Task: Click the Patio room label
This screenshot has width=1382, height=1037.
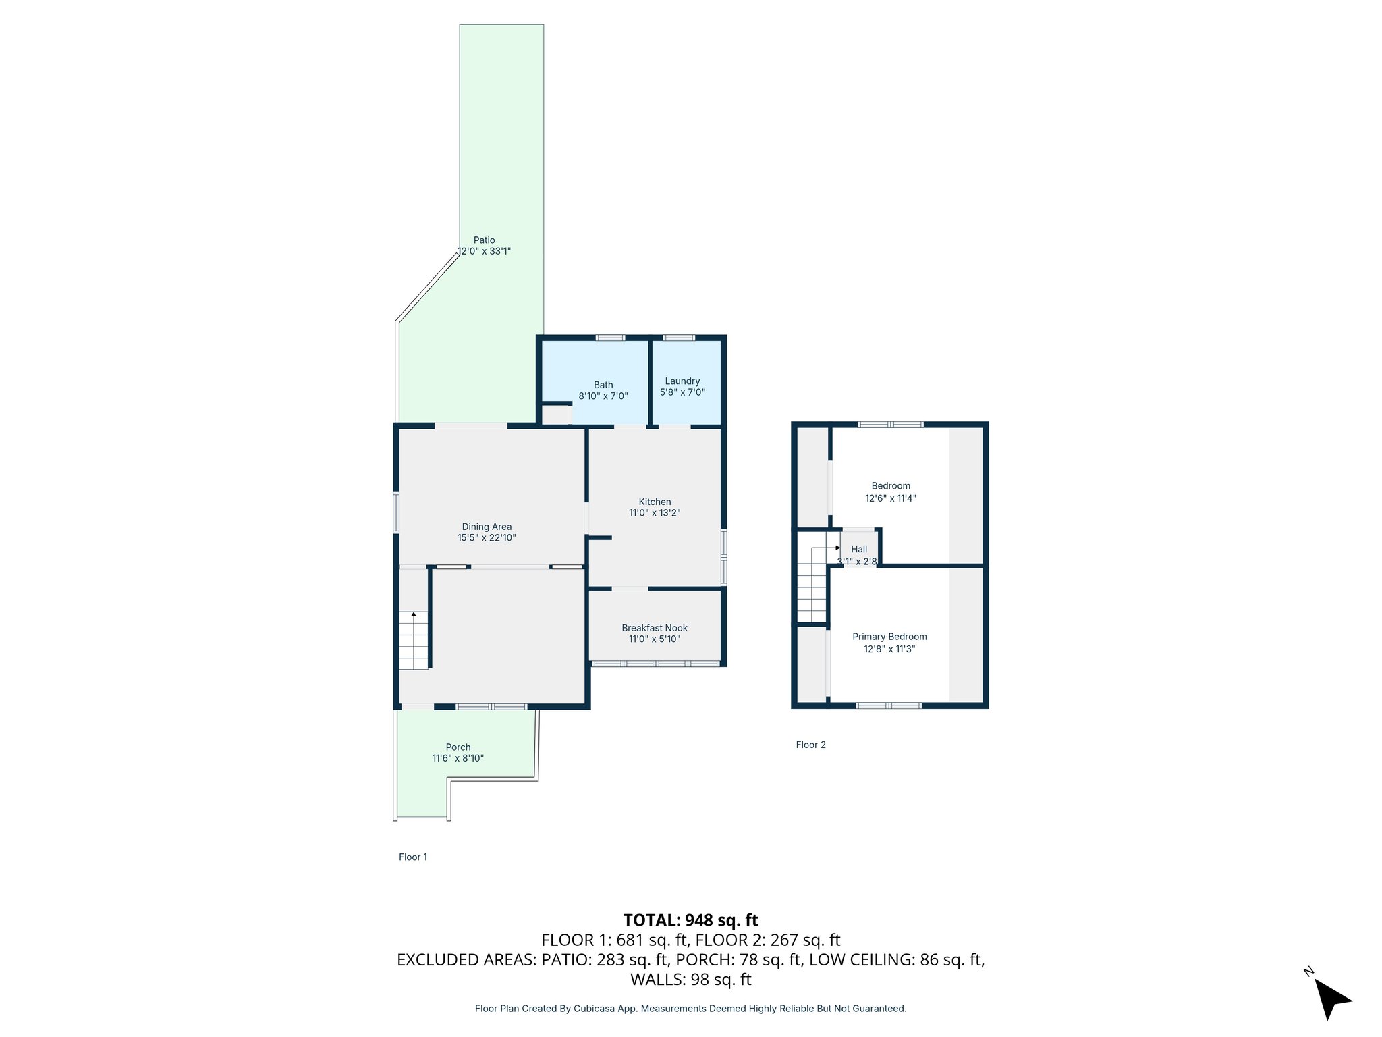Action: [x=484, y=240]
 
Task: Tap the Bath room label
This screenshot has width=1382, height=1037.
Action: [x=603, y=385]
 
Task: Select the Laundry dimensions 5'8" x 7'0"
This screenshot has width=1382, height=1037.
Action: [x=682, y=392]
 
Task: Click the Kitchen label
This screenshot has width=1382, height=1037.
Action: [x=655, y=502]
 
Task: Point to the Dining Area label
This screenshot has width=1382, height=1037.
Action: [x=487, y=527]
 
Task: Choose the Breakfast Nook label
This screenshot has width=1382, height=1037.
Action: [x=655, y=628]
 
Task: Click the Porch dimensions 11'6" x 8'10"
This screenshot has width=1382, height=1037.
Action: [x=458, y=758]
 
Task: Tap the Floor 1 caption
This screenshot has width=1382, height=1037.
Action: [x=413, y=857]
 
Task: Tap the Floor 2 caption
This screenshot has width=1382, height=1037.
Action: [x=810, y=745]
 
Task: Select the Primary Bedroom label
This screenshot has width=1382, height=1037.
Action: [x=889, y=637]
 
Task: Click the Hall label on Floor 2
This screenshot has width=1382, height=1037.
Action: [x=859, y=549]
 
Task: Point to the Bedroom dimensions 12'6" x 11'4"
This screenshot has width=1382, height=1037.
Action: [x=891, y=498]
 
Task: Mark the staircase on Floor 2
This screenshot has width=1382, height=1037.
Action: [x=812, y=585]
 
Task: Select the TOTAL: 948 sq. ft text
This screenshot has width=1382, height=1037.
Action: [x=690, y=920]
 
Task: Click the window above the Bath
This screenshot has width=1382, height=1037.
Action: [x=610, y=338]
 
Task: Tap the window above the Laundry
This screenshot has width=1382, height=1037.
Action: [x=679, y=338]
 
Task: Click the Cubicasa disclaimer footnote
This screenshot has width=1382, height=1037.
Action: [x=690, y=1009]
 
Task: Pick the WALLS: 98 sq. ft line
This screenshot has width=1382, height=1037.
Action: [x=690, y=979]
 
